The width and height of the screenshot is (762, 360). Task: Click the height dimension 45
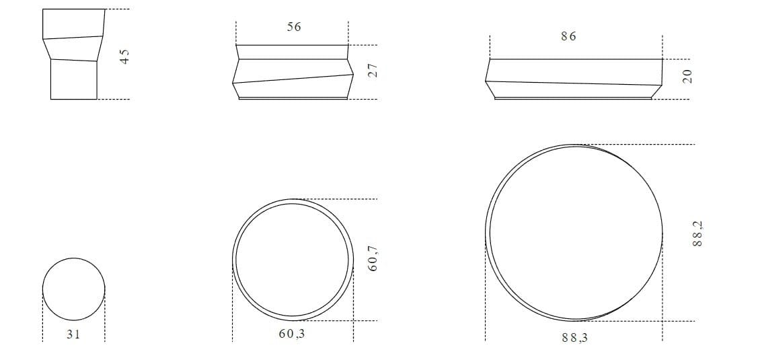125,57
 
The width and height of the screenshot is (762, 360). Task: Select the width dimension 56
293,27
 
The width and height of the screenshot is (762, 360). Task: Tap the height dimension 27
373,71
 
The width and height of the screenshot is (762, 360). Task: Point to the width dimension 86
568,36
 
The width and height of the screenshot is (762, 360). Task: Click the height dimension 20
687,77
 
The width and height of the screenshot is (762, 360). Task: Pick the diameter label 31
73,334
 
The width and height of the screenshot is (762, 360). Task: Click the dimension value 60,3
292,334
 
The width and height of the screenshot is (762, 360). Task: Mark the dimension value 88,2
697,233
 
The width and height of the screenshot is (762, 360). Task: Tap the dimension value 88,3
574,338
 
